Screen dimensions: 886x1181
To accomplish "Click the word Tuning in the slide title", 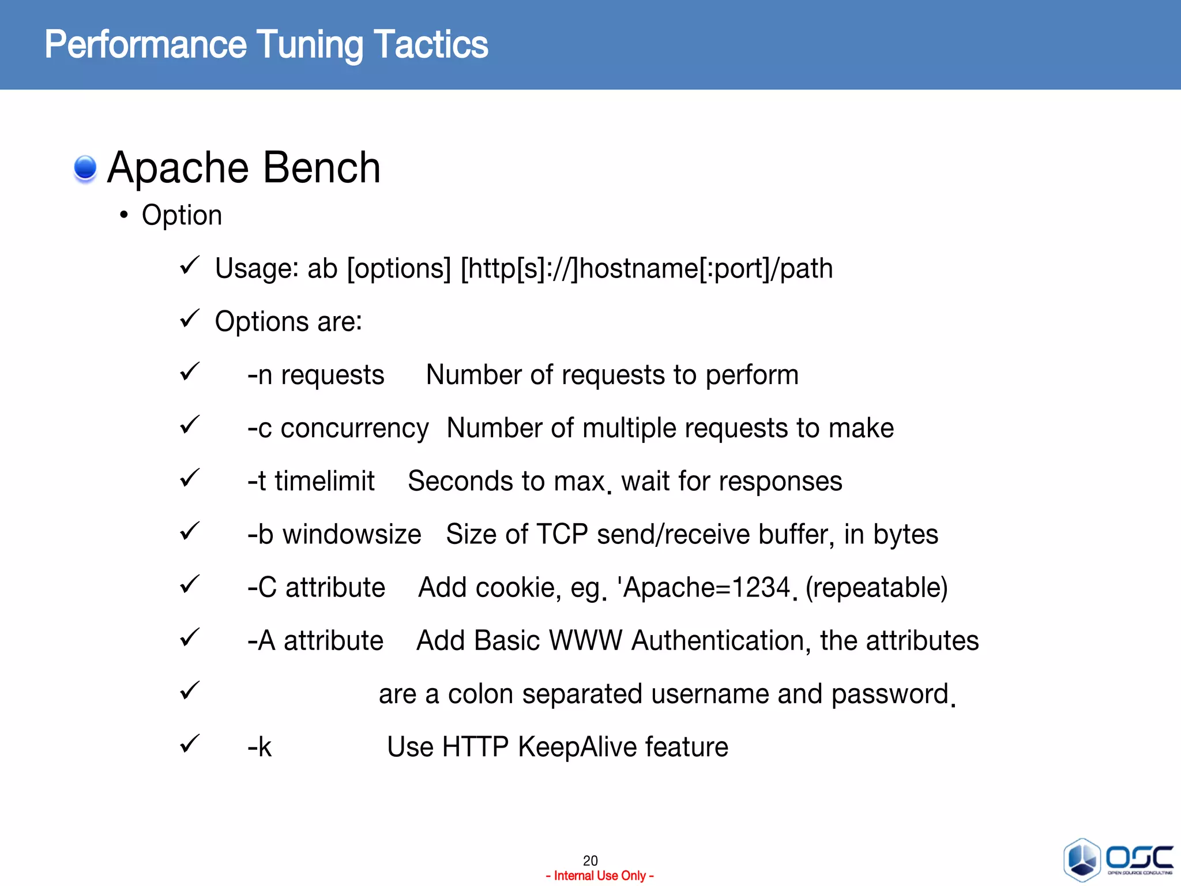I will pyautogui.click(x=309, y=45).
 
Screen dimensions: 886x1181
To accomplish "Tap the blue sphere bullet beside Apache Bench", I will pyautogui.click(x=85, y=168).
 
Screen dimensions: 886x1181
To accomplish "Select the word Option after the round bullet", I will pyautogui.click(x=182, y=216).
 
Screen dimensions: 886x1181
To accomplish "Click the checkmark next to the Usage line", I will pyautogui.click(x=189, y=266).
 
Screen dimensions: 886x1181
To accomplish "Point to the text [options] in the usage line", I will pyautogui.click(x=398, y=269).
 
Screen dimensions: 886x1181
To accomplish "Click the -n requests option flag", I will pyautogui.click(x=315, y=376).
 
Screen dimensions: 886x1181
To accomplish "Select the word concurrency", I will pyautogui.click(x=354, y=429).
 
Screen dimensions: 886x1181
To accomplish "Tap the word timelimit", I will pyautogui.click(x=324, y=482).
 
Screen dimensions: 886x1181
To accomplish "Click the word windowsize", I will pyautogui.click(x=351, y=535).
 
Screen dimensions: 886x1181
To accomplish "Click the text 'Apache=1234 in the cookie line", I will pyautogui.click(x=703, y=588).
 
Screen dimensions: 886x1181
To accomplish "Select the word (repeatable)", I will pyautogui.click(x=876, y=588).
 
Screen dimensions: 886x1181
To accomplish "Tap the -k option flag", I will pyautogui.click(x=259, y=748).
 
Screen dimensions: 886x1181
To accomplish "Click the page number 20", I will pyautogui.click(x=590, y=860).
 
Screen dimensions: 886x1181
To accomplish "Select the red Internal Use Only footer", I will pyautogui.click(x=599, y=876).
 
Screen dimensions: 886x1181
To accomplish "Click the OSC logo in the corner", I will pyautogui.click(x=1118, y=859).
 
